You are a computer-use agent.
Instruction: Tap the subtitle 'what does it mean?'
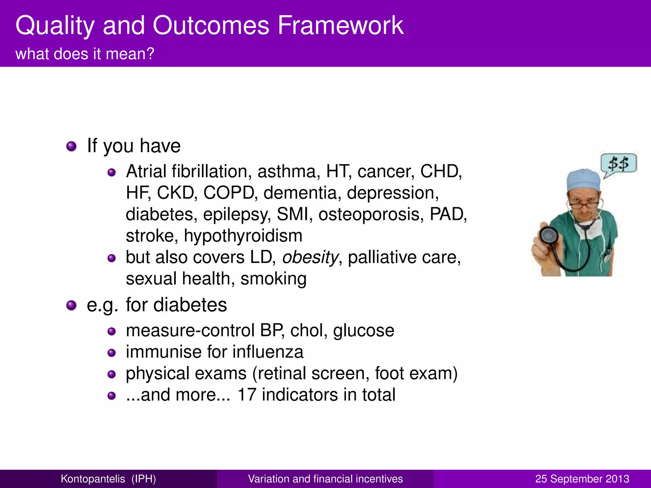pos(85,54)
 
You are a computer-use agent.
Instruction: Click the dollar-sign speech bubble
pos(618,164)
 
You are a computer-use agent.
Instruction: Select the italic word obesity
pos(310,257)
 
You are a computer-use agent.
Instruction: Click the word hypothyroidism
pos(243,236)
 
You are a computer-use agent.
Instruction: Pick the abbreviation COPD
pos(228,193)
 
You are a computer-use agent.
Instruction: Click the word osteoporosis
pos(371,214)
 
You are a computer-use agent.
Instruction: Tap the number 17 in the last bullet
pos(247,395)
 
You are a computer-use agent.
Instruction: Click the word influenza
pos(268,352)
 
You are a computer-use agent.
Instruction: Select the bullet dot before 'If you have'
pos(72,146)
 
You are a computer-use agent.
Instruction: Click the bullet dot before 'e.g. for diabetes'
pos(72,305)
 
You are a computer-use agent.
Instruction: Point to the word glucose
pos(364,331)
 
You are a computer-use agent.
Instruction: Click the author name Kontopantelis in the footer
pos(93,479)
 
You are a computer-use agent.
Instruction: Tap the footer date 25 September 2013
pos(582,479)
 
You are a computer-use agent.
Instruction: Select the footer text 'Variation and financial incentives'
pos(325,479)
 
